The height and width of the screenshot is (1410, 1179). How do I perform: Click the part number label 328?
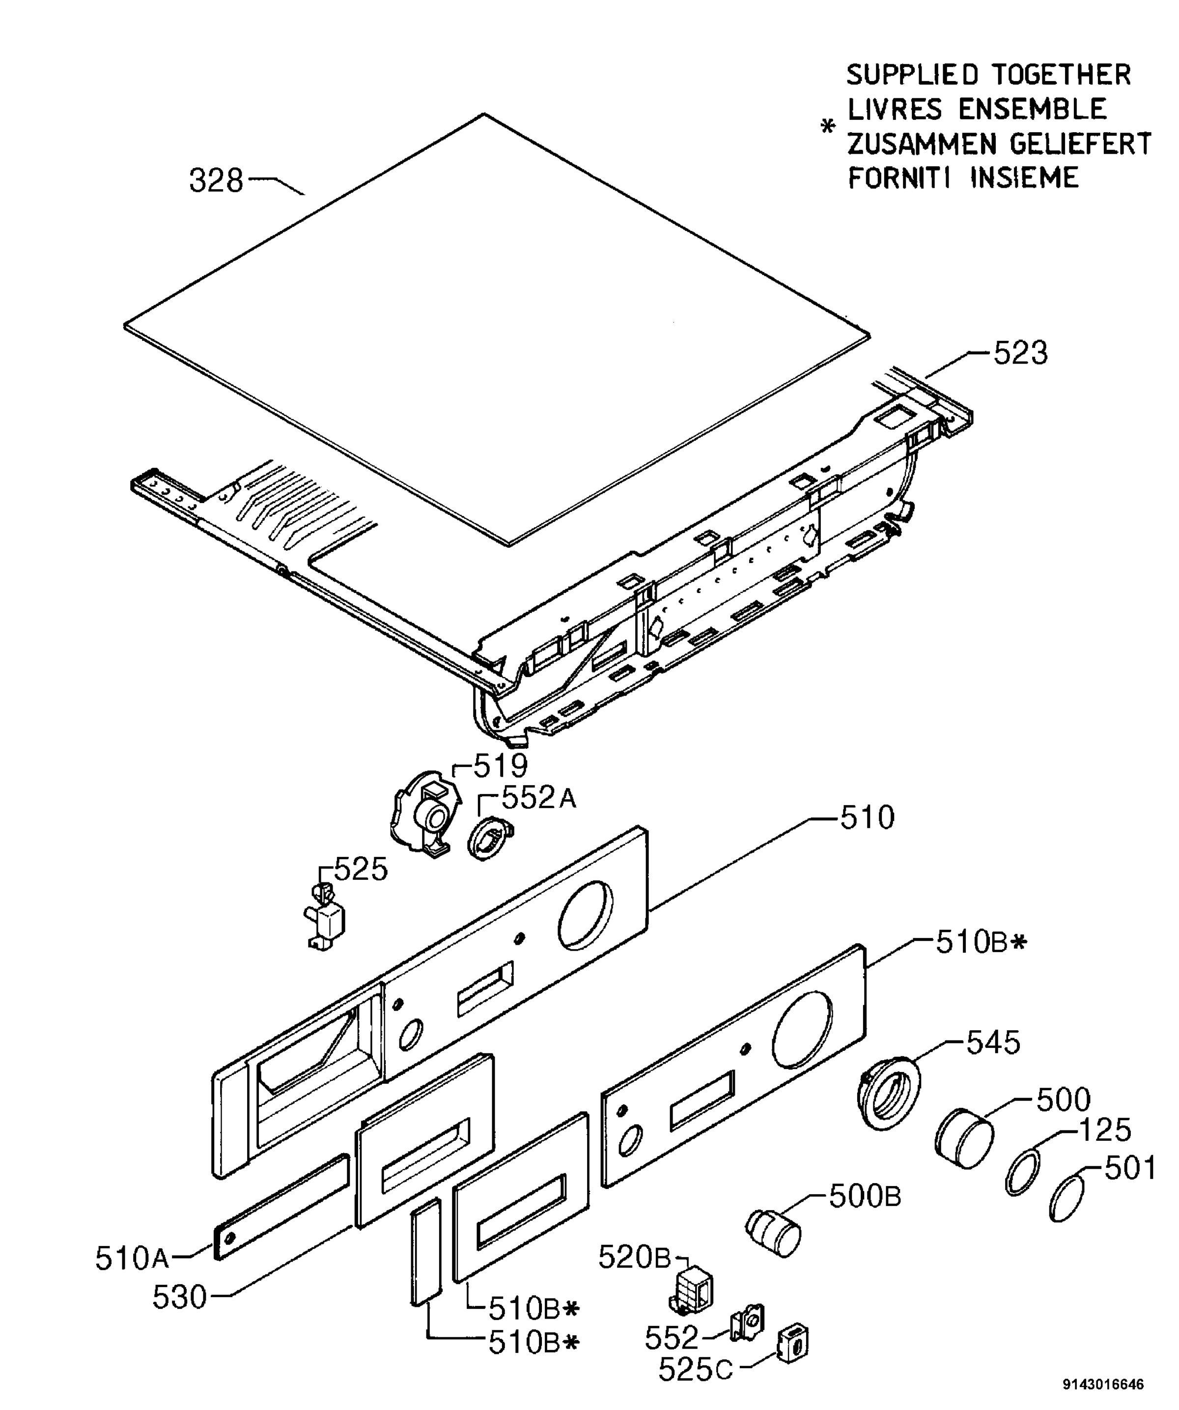click(x=216, y=181)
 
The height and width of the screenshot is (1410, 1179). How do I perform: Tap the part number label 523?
click(x=1020, y=353)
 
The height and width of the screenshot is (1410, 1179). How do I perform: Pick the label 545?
click(x=993, y=1043)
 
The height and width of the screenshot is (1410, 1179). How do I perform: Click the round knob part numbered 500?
click(x=965, y=1139)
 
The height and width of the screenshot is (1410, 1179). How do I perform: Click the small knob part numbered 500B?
click(x=774, y=1231)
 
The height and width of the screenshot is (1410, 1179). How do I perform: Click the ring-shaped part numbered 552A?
click(x=489, y=839)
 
